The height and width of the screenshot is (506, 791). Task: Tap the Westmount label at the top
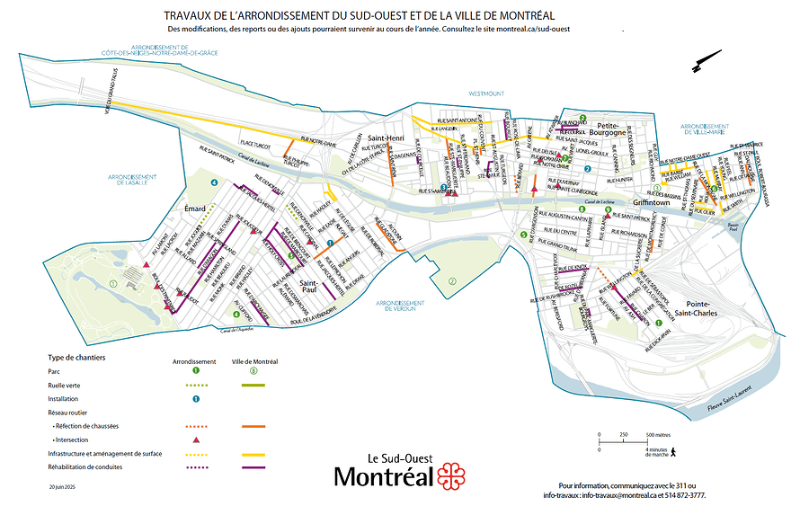click(x=485, y=93)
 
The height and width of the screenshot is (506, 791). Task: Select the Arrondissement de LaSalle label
click(x=137, y=180)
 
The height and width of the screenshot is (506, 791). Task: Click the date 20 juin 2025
click(x=63, y=485)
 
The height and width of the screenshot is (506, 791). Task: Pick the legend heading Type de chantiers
click(x=76, y=357)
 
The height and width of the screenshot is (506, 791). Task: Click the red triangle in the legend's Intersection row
click(x=195, y=439)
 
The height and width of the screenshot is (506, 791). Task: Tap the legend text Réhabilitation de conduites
click(x=84, y=467)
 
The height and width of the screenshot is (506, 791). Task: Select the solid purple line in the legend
click(x=255, y=467)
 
